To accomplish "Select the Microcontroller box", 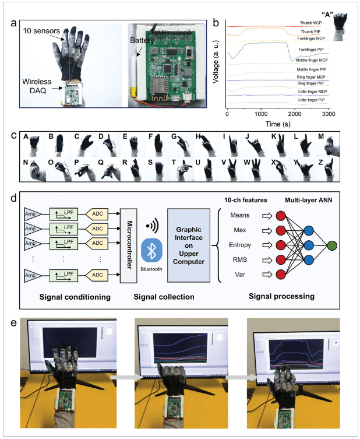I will coord(129,245).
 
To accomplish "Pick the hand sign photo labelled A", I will coord(33,143).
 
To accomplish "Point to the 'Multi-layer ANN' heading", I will coord(312,201).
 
